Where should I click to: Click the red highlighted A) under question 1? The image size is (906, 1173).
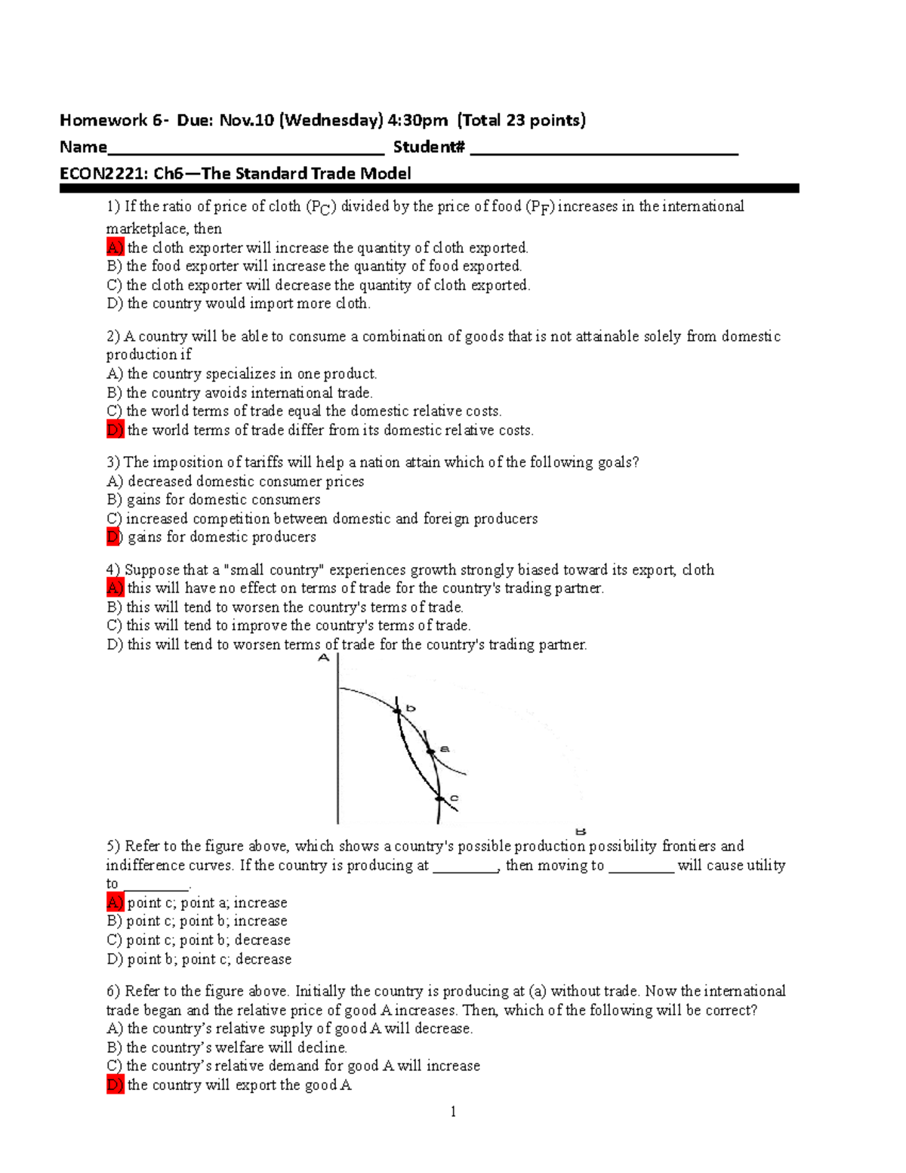pos(115,248)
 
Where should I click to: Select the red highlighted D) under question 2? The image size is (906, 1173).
pos(115,431)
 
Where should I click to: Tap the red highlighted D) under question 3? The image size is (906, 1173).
pos(113,537)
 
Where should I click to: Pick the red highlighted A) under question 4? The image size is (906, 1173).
pos(115,588)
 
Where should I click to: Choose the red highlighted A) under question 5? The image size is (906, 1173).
pos(115,903)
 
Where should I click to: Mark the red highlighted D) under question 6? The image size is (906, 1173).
pos(115,1085)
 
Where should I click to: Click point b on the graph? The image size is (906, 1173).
pos(397,711)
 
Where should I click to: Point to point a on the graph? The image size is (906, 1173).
pos(430,752)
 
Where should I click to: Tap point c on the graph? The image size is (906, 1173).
pos(439,798)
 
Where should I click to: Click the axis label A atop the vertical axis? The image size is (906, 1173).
pos(324,658)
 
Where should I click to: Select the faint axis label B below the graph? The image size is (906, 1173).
pos(581,831)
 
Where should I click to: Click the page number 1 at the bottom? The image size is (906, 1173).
pos(453,1111)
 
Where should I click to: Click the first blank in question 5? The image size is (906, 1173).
pos(465,866)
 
